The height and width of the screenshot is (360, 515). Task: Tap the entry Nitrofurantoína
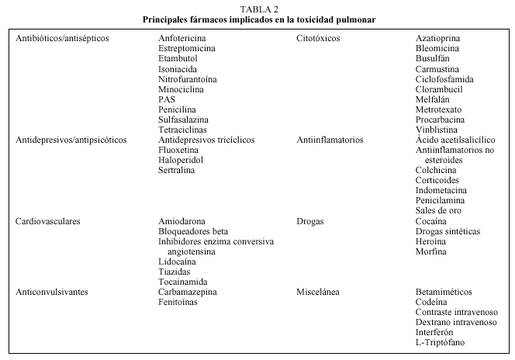[188, 79]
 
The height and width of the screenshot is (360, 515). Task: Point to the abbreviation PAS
[167, 100]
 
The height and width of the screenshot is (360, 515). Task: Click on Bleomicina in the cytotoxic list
[437, 48]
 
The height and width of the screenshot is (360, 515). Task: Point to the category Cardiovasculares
[48, 221]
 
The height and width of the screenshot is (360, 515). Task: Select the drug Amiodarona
[184, 221]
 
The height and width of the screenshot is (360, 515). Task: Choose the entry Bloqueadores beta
[193, 231]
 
